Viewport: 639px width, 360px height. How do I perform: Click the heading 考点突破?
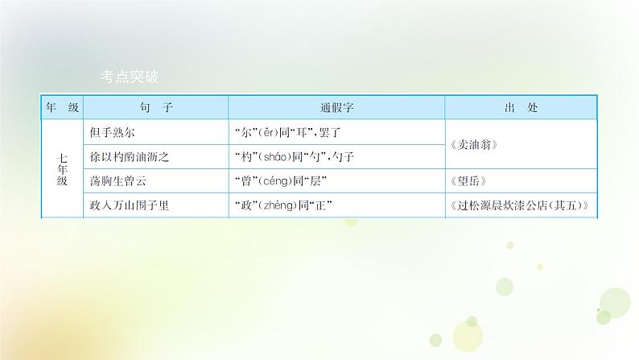(x=130, y=77)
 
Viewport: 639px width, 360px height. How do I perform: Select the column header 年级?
(x=62, y=107)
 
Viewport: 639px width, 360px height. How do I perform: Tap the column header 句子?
(x=156, y=107)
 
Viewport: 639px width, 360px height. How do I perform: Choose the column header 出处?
(x=522, y=107)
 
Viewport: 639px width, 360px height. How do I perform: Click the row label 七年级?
(x=62, y=169)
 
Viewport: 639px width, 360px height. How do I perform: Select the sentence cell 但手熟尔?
(x=117, y=131)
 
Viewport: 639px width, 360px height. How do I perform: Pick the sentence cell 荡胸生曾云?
(x=122, y=181)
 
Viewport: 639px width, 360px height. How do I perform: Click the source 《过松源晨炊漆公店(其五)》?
(x=522, y=206)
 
